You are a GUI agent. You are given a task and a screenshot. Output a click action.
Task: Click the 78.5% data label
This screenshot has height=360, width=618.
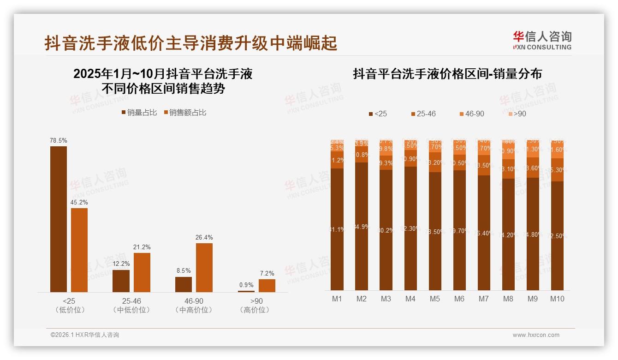[59, 140]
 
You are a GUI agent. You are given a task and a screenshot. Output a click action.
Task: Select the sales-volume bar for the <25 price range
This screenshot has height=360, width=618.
[59, 219]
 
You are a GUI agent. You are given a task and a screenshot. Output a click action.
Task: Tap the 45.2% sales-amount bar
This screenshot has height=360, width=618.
[79, 250]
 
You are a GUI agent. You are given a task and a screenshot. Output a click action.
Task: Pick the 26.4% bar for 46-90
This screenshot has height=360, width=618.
[204, 268]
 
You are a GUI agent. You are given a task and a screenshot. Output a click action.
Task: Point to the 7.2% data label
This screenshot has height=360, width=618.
[267, 273]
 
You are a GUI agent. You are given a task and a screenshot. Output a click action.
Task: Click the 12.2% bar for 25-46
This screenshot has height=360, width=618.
[121, 281]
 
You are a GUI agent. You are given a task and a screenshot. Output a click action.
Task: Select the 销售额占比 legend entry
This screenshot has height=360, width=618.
[184, 112]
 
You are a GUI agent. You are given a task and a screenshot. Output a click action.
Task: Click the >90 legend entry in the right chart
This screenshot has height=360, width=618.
[517, 114]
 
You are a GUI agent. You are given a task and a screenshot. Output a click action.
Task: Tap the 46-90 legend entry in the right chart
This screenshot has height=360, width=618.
[471, 114]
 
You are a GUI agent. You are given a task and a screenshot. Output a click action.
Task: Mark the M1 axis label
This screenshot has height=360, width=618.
[337, 299]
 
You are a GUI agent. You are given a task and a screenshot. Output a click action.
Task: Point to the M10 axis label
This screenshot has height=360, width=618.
[557, 299]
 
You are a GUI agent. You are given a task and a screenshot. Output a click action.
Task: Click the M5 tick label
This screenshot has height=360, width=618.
[435, 299]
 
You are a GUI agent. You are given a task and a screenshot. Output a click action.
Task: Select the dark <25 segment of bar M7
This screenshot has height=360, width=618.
[484, 233]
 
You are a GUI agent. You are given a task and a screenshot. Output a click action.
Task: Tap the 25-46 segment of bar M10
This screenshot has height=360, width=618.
[557, 170]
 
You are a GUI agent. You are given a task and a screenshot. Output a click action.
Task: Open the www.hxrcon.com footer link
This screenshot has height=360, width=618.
[536, 335]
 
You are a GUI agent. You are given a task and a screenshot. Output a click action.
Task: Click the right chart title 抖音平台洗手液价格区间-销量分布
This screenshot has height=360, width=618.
[447, 74]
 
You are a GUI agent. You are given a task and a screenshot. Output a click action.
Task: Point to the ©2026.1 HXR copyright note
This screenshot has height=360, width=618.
[85, 335]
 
